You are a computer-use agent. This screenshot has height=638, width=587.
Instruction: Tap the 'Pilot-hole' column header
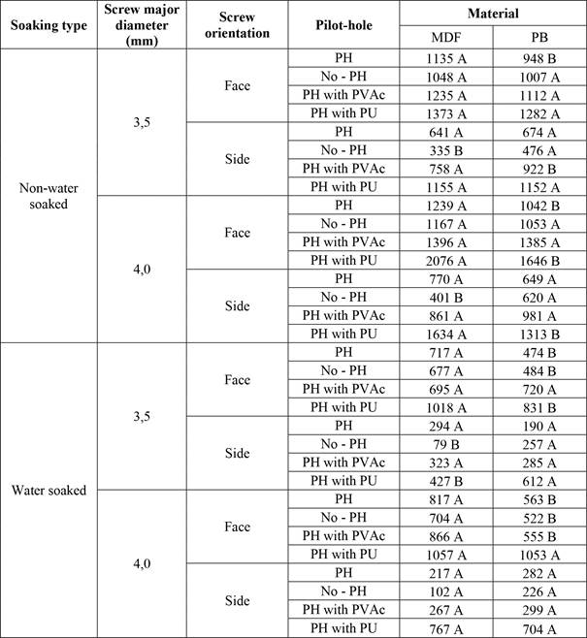click(x=343, y=24)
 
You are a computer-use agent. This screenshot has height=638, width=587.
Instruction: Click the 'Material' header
click(x=492, y=14)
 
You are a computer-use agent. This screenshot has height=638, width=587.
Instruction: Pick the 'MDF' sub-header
click(x=446, y=37)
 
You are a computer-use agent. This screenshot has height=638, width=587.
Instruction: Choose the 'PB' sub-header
click(x=538, y=37)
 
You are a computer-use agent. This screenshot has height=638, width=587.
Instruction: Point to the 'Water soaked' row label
click(x=49, y=490)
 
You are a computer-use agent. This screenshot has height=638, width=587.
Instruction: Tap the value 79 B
click(x=446, y=443)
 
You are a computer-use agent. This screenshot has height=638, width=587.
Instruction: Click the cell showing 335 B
click(x=446, y=150)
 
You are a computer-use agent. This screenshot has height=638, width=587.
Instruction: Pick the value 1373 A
click(x=446, y=113)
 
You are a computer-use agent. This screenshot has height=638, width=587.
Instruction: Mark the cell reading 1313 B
click(x=538, y=334)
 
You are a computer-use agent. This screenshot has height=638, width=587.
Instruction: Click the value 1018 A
click(x=446, y=407)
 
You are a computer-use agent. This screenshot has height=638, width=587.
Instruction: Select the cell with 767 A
click(x=446, y=627)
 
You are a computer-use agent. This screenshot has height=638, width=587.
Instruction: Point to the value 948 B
click(x=538, y=58)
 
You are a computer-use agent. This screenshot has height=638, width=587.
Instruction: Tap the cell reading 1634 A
click(x=446, y=334)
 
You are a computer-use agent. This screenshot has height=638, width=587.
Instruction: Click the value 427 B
click(x=446, y=480)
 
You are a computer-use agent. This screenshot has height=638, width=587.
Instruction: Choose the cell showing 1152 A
click(x=538, y=186)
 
